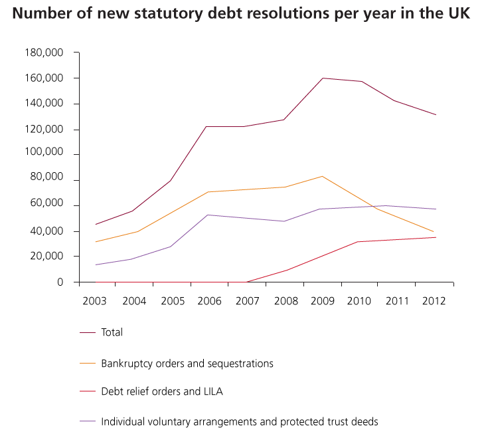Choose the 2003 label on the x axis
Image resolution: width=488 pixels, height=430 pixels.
pos(94,300)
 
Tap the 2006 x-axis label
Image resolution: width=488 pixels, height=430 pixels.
pos(209,300)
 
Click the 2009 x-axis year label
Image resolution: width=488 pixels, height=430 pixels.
pos(322,300)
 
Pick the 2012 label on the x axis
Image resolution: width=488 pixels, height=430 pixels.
pos(434,300)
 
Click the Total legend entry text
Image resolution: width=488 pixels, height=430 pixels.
pos(112,332)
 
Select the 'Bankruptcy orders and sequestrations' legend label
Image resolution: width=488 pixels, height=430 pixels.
pos(187,364)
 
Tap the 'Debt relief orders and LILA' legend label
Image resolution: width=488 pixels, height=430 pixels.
pos(162,391)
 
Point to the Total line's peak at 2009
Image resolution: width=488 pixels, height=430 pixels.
pos(323,78)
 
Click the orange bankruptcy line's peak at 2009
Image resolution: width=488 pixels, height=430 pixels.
pos(323,176)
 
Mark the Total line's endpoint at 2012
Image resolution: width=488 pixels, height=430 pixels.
pos(436,115)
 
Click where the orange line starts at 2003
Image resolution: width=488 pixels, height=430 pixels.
pos(96,242)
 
